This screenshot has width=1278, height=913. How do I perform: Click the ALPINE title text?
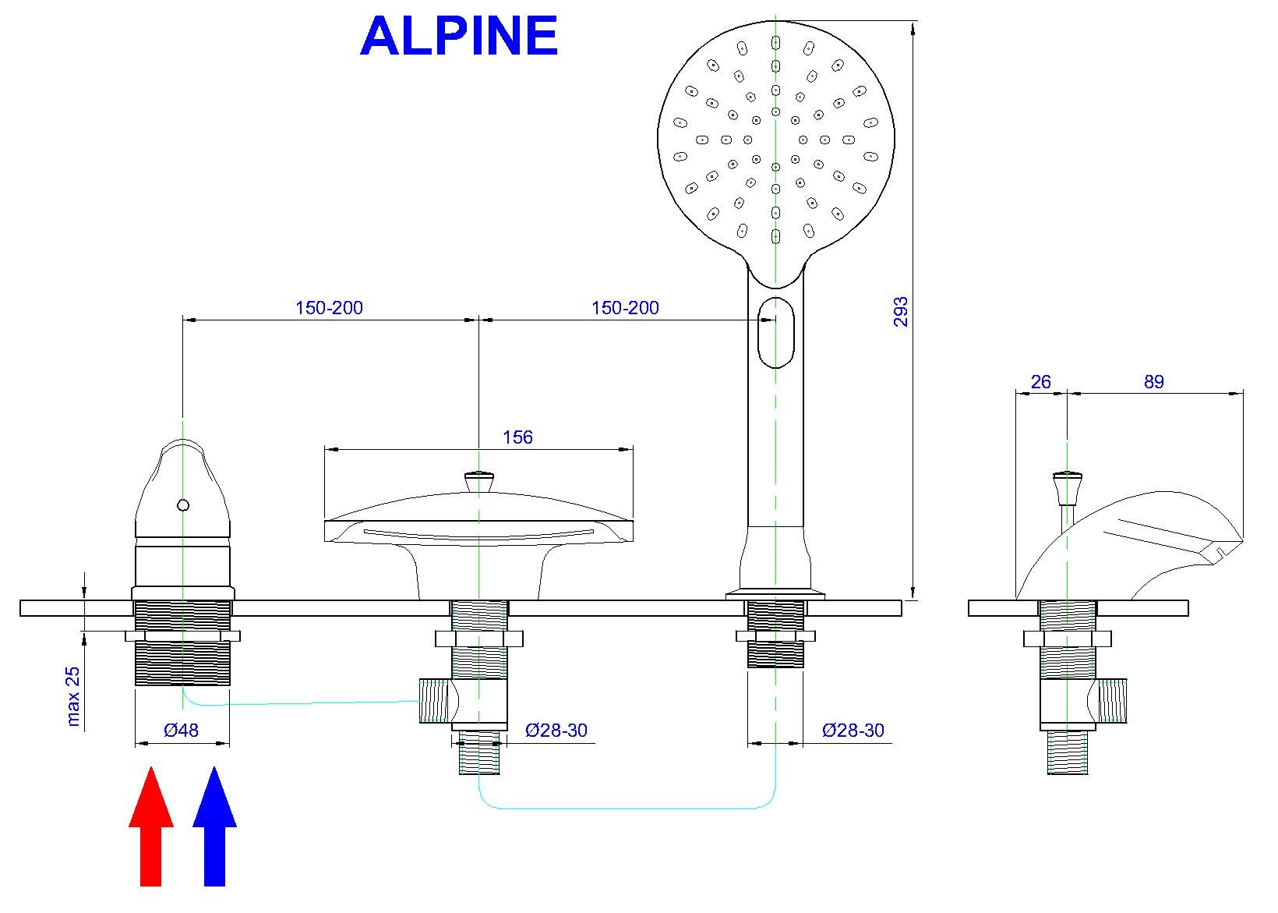click(x=458, y=36)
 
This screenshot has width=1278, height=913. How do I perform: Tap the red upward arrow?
click(x=151, y=826)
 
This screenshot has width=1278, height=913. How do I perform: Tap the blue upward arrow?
click(x=214, y=826)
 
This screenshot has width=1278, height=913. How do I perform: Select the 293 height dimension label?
click(x=901, y=311)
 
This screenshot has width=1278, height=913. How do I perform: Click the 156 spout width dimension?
click(x=517, y=437)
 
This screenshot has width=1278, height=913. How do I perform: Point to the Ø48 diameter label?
click(x=181, y=731)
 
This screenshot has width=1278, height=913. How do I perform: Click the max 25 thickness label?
click(x=73, y=696)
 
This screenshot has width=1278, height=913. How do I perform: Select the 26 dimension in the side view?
click(x=1040, y=382)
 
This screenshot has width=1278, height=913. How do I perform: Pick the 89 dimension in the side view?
click(x=1153, y=382)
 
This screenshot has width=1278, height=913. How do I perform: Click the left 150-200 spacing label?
click(x=329, y=308)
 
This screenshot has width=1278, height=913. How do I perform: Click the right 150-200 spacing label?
click(x=625, y=308)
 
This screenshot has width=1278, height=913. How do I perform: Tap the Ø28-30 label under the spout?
click(x=556, y=731)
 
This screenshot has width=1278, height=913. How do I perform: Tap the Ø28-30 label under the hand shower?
click(x=853, y=731)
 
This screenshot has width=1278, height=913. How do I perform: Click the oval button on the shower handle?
click(x=775, y=331)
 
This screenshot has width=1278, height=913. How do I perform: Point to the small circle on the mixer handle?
click(x=183, y=505)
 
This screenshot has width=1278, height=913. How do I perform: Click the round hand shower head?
click(x=775, y=140)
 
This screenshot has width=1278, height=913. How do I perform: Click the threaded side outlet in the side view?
click(x=1112, y=699)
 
